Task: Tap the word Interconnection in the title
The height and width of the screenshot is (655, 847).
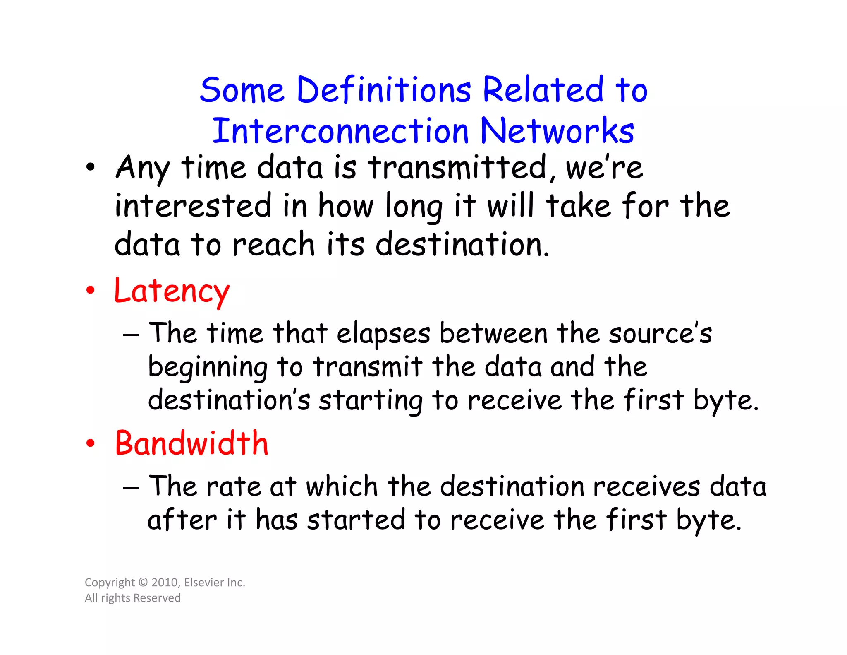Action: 340,131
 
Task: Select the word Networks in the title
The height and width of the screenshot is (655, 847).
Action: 557,131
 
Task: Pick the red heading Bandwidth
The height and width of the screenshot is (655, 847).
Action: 191,444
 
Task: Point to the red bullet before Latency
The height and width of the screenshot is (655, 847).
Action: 90,291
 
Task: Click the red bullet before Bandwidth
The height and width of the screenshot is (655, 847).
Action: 90,443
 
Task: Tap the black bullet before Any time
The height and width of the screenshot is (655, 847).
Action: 90,168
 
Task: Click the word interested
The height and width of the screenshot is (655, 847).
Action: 193,206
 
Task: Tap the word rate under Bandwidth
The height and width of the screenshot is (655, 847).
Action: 233,486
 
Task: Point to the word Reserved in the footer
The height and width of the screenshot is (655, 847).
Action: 157,598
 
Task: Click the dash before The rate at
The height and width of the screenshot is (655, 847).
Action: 131,488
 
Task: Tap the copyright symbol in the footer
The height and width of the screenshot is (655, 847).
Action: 143,583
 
